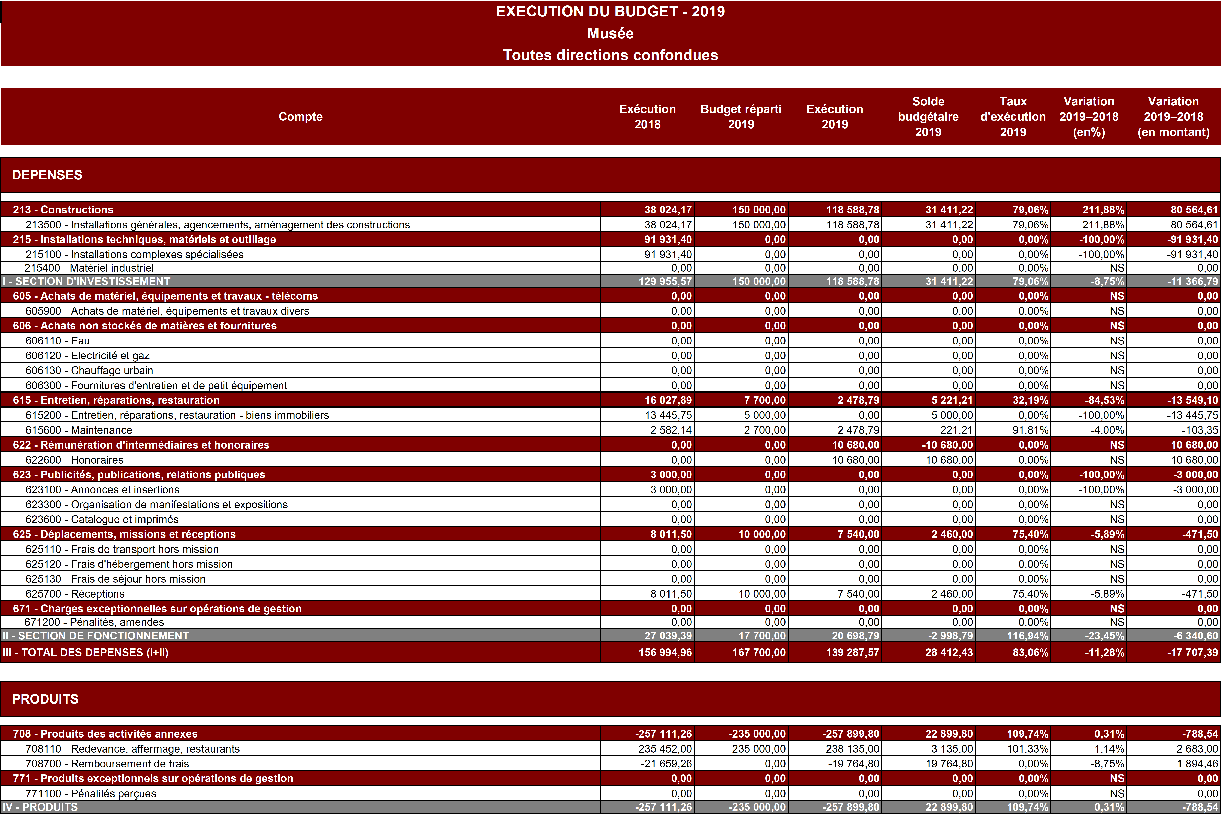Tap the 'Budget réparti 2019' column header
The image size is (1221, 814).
pyautogui.click(x=741, y=116)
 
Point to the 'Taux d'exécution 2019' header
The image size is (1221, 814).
pyautogui.click(x=1013, y=116)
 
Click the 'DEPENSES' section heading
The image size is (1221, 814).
pyautogui.click(x=47, y=175)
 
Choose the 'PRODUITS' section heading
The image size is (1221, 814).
pyautogui.click(x=45, y=699)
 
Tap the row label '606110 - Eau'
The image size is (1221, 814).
pyautogui.click(x=58, y=341)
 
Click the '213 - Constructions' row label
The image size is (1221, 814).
pyautogui.click(x=63, y=210)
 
